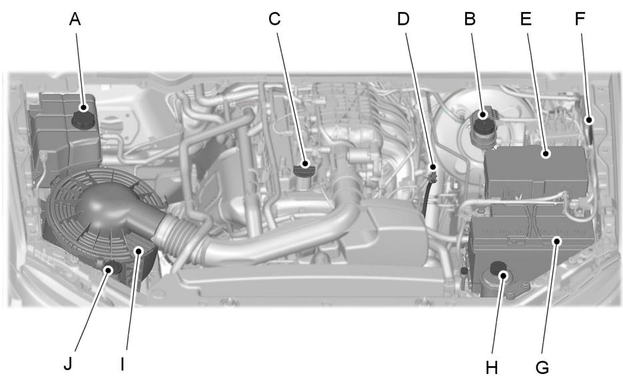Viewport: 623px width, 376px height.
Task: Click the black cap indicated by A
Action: coord(83,119)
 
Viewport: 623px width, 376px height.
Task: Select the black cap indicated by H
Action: coord(499,270)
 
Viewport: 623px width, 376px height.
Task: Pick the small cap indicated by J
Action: coord(111,268)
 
